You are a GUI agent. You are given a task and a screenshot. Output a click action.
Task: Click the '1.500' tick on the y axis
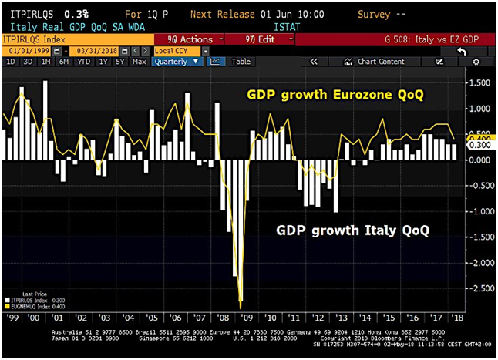479,82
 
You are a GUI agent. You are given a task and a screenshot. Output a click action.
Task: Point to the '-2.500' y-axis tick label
479,288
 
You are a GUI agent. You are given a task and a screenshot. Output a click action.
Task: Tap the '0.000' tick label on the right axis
479,160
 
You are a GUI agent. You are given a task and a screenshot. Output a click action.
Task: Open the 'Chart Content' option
381,62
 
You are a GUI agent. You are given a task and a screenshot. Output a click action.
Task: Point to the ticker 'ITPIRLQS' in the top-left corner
31,14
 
